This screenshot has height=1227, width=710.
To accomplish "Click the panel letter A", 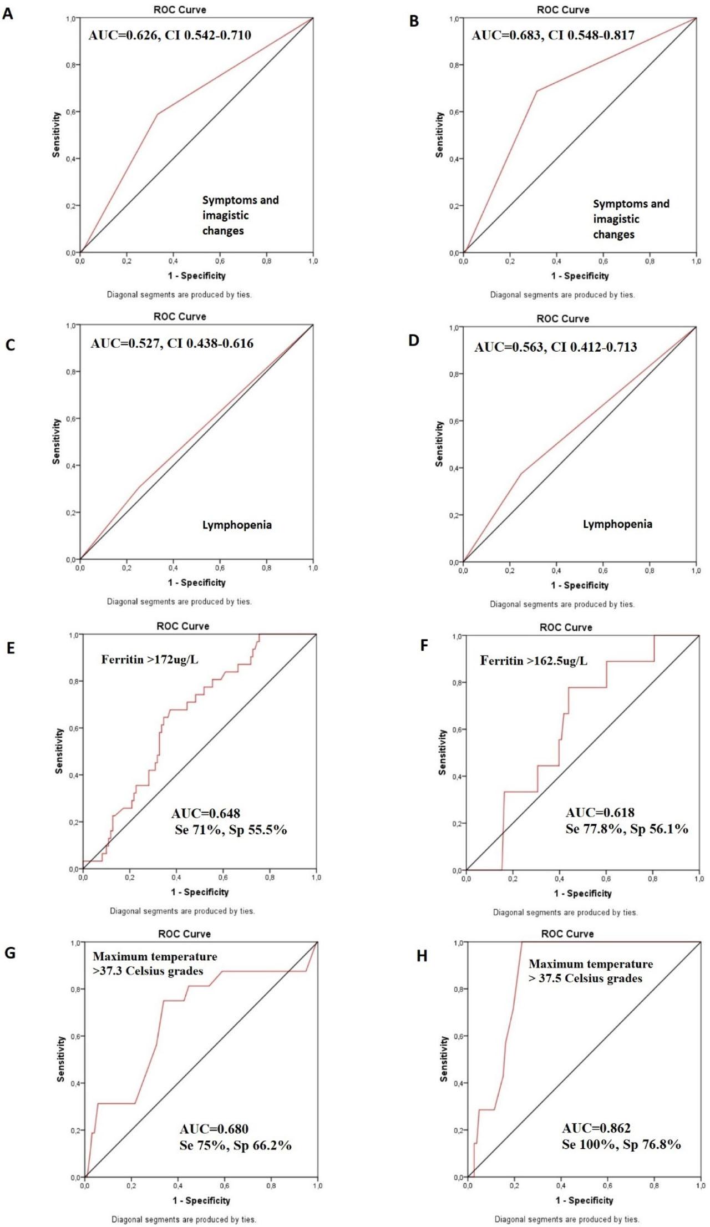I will coord(8,14).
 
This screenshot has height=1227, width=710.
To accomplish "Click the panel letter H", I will coord(422,956).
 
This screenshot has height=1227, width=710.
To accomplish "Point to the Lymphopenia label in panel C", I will coord(237,525).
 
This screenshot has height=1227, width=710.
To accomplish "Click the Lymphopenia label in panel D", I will coord(617,524).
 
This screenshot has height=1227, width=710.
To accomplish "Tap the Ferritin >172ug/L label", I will coord(149,660).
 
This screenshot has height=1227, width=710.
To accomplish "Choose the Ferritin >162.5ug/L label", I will coord(534,661).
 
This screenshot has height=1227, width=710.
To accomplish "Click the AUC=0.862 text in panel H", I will coord(596,1128).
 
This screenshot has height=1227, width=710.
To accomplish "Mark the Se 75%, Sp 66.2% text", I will coord(235,1145).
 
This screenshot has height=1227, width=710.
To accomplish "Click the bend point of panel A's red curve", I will coord(158,114).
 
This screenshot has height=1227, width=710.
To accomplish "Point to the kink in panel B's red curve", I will coord(537,91).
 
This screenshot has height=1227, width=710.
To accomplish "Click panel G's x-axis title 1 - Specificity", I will coord(201,1200).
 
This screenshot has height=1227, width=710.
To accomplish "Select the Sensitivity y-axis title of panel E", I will coord(59,751).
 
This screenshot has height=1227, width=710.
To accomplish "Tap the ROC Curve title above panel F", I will coord(566,627).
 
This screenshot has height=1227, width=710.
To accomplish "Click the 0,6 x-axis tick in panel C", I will coord(220,568).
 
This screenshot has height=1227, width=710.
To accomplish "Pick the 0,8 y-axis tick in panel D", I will coord(454,374).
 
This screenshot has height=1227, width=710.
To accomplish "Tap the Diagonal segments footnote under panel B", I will coord(562,295).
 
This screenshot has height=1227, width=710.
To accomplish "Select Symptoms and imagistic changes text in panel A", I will coord(240,215).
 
